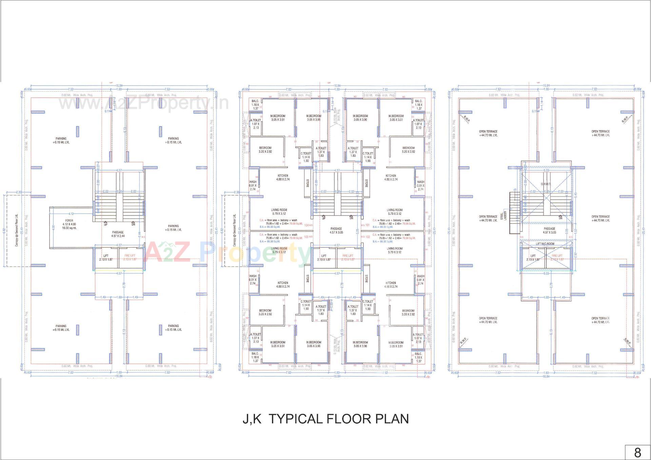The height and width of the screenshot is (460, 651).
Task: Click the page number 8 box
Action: tap(637, 453)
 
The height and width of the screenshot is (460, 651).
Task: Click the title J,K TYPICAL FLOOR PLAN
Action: tap(325, 419)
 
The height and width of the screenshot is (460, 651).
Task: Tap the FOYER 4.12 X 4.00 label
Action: tap(69, 224)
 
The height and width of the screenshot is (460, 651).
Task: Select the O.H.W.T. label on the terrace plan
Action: tap(546, 184)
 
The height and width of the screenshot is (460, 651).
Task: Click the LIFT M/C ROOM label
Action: tap(545, 244)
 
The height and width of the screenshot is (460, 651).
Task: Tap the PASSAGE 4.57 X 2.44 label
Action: tap(118, 234)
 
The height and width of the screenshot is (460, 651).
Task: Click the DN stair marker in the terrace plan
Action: tap(560, 218)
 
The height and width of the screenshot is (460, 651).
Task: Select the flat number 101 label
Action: tap(366, 225)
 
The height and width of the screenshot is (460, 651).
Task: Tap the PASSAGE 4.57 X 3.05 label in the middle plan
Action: tap(336, 231)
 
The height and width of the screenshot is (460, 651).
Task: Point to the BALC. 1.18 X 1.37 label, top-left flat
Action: tap(255, 105)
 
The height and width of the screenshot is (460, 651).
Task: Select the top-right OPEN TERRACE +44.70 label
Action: tap(600, 133)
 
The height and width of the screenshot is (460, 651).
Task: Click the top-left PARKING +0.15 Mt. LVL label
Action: tap(61, 140)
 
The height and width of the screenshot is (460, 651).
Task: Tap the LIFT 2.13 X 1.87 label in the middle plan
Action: tap(324, 257)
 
